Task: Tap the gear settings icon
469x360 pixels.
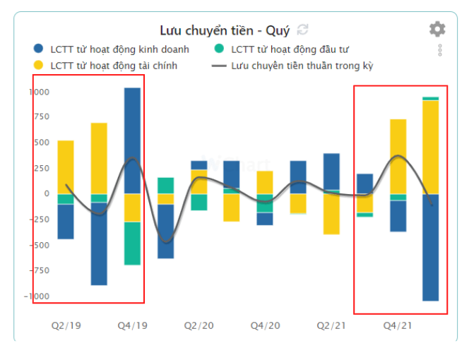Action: [437, 29]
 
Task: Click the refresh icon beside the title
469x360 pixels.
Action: [303, 30]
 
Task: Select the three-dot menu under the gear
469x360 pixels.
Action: [439, 50]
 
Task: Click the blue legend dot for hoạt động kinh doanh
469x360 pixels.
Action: [39, 49]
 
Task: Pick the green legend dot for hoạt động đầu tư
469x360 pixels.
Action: [220, 49]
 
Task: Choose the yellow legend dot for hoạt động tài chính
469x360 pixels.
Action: [39, 66]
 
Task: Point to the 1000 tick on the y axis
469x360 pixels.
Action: [39, 92]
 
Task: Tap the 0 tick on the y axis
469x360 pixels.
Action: [47, 193]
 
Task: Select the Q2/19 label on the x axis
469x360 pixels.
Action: [66, 325]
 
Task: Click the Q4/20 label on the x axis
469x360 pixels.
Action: [265, 325]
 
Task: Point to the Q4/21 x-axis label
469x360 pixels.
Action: [398, 325]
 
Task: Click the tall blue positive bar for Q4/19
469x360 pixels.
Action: [132, 140]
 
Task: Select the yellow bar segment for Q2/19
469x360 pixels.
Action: [66, 167]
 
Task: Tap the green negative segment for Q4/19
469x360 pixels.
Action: [132, 243]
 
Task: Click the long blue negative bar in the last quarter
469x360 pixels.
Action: [430, 247]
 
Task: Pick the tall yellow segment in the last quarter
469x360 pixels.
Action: [430, 147]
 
